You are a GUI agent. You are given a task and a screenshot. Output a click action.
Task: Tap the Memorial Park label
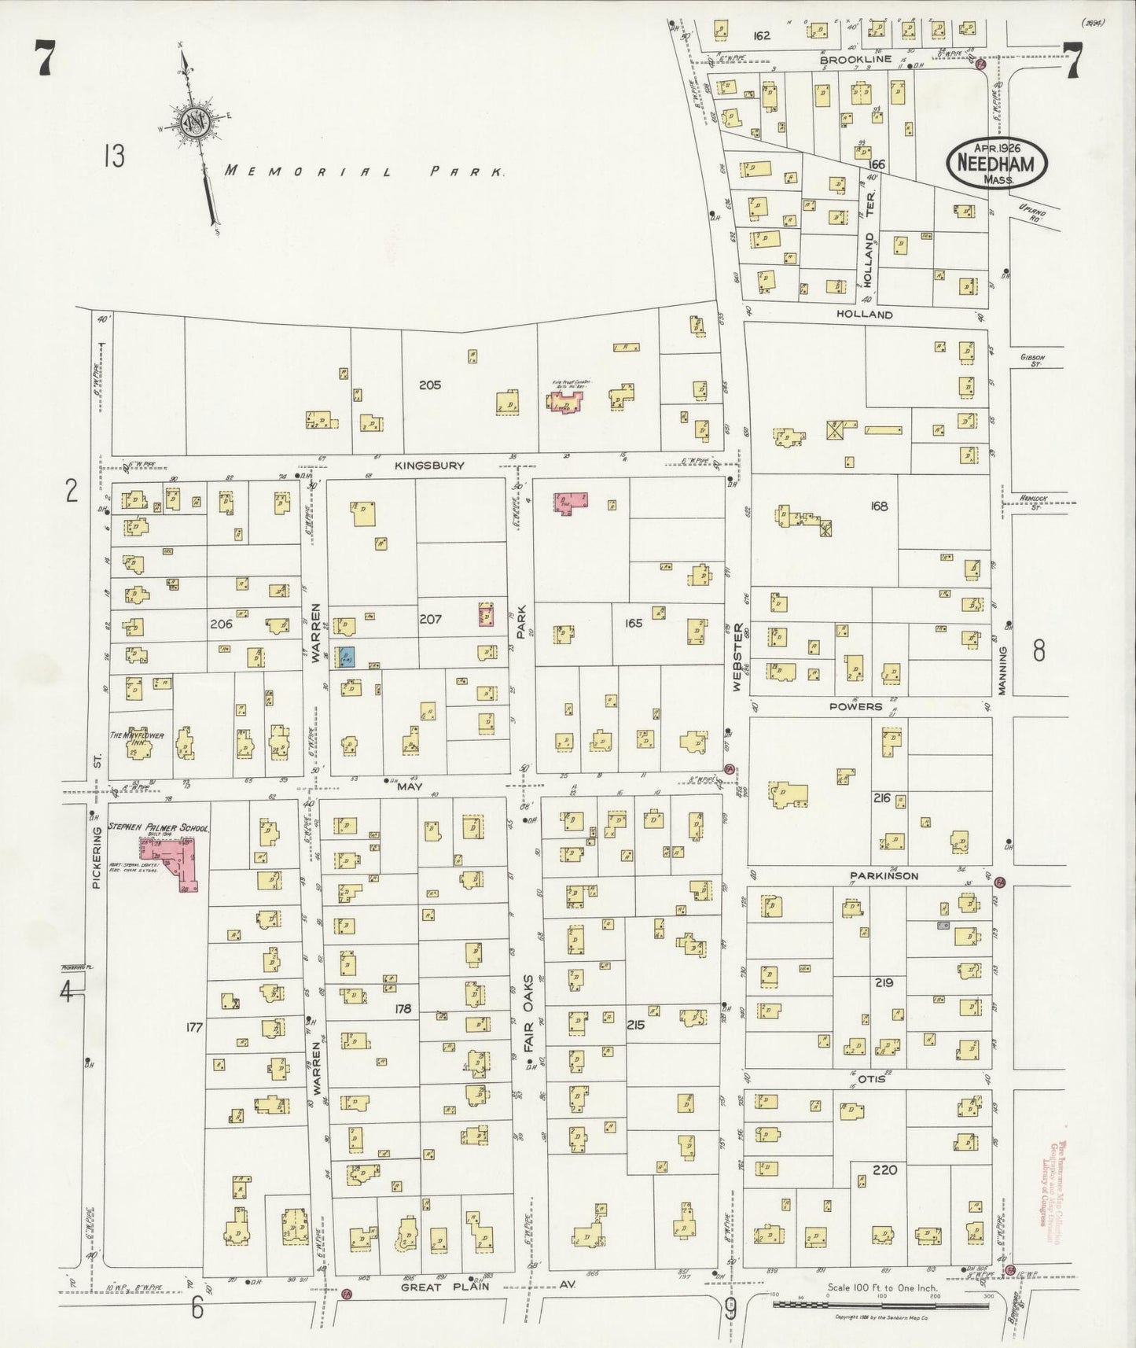(x=364, y=171)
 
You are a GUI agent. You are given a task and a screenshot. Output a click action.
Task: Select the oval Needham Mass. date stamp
(x=997, y=164)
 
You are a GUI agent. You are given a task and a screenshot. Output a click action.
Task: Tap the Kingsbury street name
(x=429, y=466)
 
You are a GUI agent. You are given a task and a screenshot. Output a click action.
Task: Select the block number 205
(x=430, y=385)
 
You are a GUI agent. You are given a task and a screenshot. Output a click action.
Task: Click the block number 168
(x=879, y=506)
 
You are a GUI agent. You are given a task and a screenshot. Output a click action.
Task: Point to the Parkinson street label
(x=883, y=875)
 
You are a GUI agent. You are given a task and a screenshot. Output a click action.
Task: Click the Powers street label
(x=855, y=706)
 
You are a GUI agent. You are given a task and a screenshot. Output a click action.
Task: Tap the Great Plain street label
(x=445, y=1287)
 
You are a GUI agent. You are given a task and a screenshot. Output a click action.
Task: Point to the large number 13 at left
(x=113, y=156)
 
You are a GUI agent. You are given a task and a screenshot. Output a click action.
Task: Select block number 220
(x=885, y=1169)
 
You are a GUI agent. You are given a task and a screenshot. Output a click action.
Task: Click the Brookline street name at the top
(x=855, y=59)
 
